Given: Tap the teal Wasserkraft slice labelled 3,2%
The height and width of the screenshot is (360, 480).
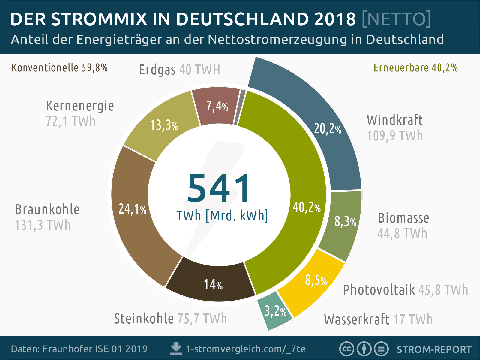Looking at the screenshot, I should point(274,312).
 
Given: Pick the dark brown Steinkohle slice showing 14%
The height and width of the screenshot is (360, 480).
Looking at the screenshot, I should point(213,283).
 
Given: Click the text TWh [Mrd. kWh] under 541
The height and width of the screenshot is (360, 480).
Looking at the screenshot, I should point(222,216).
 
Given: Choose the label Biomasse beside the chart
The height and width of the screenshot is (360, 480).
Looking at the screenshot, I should point(403,218).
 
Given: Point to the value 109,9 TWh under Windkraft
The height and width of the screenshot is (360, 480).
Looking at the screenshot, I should point(395,136).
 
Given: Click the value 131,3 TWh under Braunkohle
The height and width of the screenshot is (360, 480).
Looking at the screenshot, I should point(43,225).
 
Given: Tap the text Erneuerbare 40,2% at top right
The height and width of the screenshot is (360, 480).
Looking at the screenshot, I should point(415,68).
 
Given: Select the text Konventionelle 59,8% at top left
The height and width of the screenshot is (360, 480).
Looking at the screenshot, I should point(59,68).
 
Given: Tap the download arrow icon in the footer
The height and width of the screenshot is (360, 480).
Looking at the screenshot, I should point(176,349).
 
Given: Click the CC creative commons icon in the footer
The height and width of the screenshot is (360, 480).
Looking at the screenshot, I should point(346,349).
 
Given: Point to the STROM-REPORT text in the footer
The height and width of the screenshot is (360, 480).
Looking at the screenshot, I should point(434,349).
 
